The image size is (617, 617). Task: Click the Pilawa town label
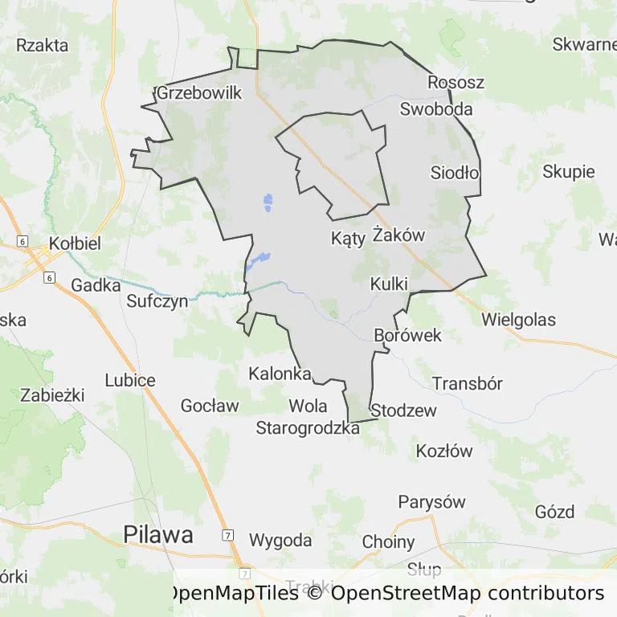[x=158, y=534]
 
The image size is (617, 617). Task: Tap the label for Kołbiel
[x=75, y=243]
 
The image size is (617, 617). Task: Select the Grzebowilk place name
[x=199, y=93]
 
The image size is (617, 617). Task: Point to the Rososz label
[x=456, y=83]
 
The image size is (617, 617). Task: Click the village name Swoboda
[x=436, y=109]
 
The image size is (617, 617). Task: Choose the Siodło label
[x=455, y=173]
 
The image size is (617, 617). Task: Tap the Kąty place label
[x=348, y=239]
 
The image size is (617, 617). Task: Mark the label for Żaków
[x=398, y=235]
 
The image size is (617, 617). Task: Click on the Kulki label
[x=390, y=284]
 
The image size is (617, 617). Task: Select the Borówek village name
[x=408, y=335]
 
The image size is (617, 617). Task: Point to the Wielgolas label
[x=518, y=320]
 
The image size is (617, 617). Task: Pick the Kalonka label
[x=280, y=374]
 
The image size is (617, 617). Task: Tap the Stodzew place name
[x=404, y=411]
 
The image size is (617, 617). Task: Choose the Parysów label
[x=431, y=502]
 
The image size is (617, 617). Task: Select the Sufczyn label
[x=157, y=302]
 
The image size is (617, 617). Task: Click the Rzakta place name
[x=43, y=45]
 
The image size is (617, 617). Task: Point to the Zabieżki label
[x=53, y=394]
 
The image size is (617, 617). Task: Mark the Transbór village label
[x=468, y=383]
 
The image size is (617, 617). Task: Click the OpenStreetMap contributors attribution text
[x=467, y=594]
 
